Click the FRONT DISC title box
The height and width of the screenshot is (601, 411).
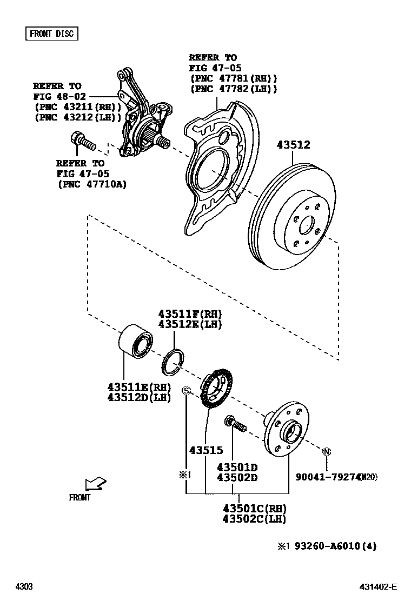pos(52,34)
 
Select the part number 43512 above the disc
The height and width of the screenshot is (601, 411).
pos(293,145)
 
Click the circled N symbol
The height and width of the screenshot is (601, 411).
pos(327,451)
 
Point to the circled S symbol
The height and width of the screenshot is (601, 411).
pos(186,391)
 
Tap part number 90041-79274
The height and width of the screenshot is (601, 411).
pos(328,477)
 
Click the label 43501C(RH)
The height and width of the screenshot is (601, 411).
pos(254,508)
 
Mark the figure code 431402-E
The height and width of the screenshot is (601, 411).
pos(379,587)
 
